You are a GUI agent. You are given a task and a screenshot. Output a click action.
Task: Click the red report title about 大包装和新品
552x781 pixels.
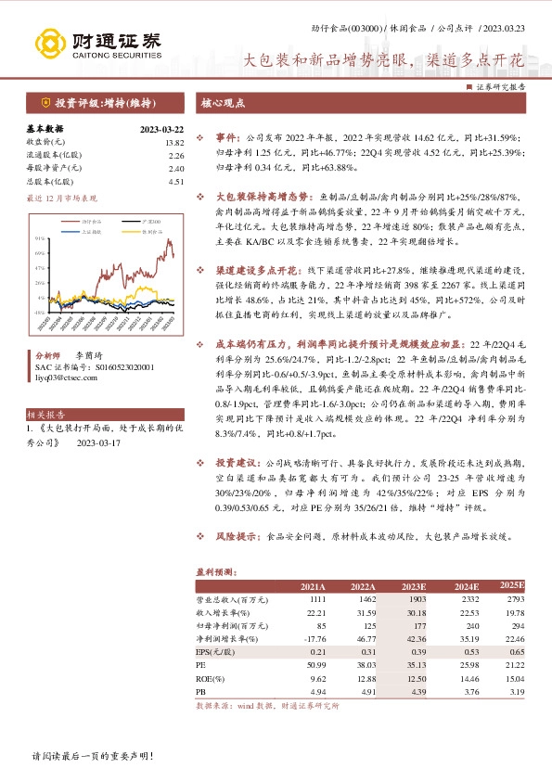point(384,61)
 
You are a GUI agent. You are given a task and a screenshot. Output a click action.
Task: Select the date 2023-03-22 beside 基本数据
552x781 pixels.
point(161,130)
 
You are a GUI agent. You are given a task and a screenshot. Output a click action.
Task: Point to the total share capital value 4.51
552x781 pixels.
point(177,182)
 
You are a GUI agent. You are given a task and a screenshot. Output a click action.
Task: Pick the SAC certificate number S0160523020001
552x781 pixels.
point(90,367)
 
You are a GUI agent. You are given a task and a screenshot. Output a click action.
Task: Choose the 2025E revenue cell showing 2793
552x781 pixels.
point(513,601)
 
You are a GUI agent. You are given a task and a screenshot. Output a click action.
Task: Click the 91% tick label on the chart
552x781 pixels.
point(40,239)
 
